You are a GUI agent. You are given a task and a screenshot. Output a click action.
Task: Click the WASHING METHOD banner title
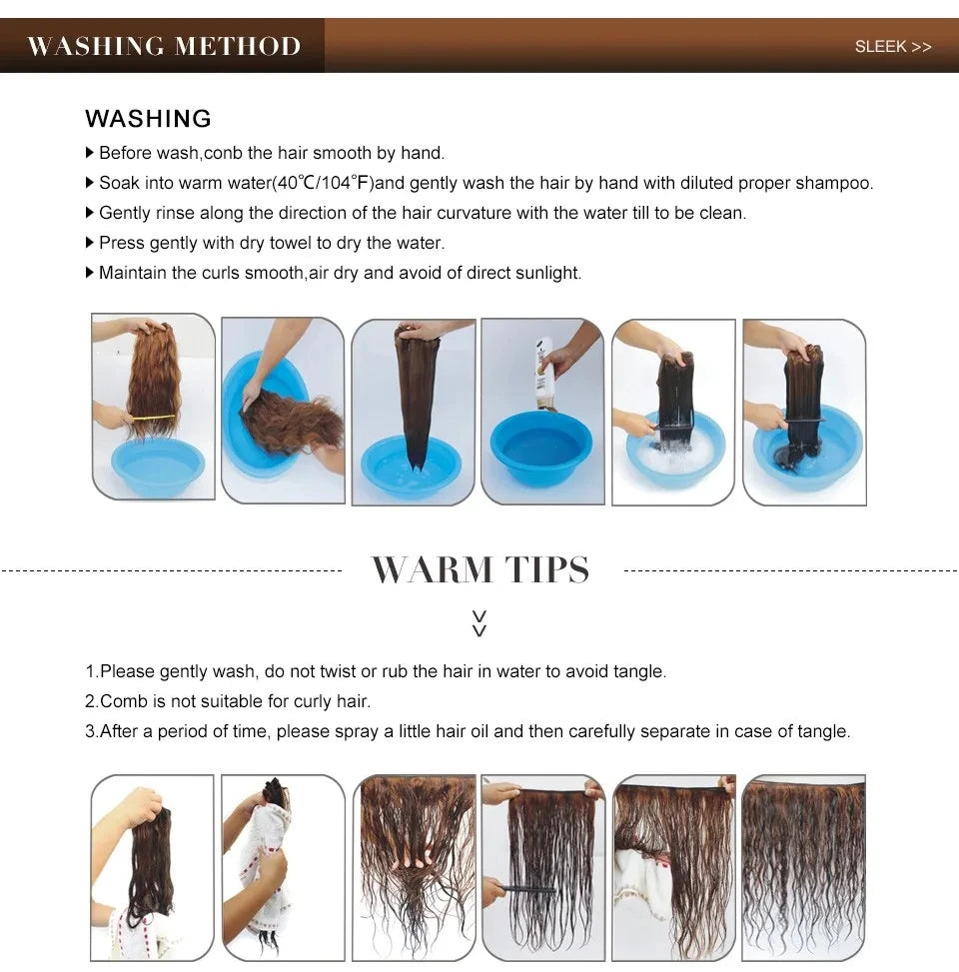[x=164, y=46]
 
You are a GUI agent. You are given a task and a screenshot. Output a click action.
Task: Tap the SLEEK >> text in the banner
[x=892, y=47]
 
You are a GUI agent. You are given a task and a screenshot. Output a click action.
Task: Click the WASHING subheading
[x=148, y=119]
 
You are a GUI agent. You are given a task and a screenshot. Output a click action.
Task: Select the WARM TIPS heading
[x=480, y=570]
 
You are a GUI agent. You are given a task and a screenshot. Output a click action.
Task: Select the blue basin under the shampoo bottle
[x=540, y=448]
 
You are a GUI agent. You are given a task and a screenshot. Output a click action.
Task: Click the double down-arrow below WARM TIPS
[x=479, y=623]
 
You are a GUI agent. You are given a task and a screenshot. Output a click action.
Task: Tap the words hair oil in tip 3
[x=457, y=731]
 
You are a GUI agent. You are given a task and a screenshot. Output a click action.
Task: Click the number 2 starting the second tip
[x=90, y=701]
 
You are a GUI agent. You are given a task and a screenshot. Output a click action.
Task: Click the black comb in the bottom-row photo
[x=529, y=888]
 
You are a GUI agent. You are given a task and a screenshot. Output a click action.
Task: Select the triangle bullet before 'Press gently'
[x=90, y=243]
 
